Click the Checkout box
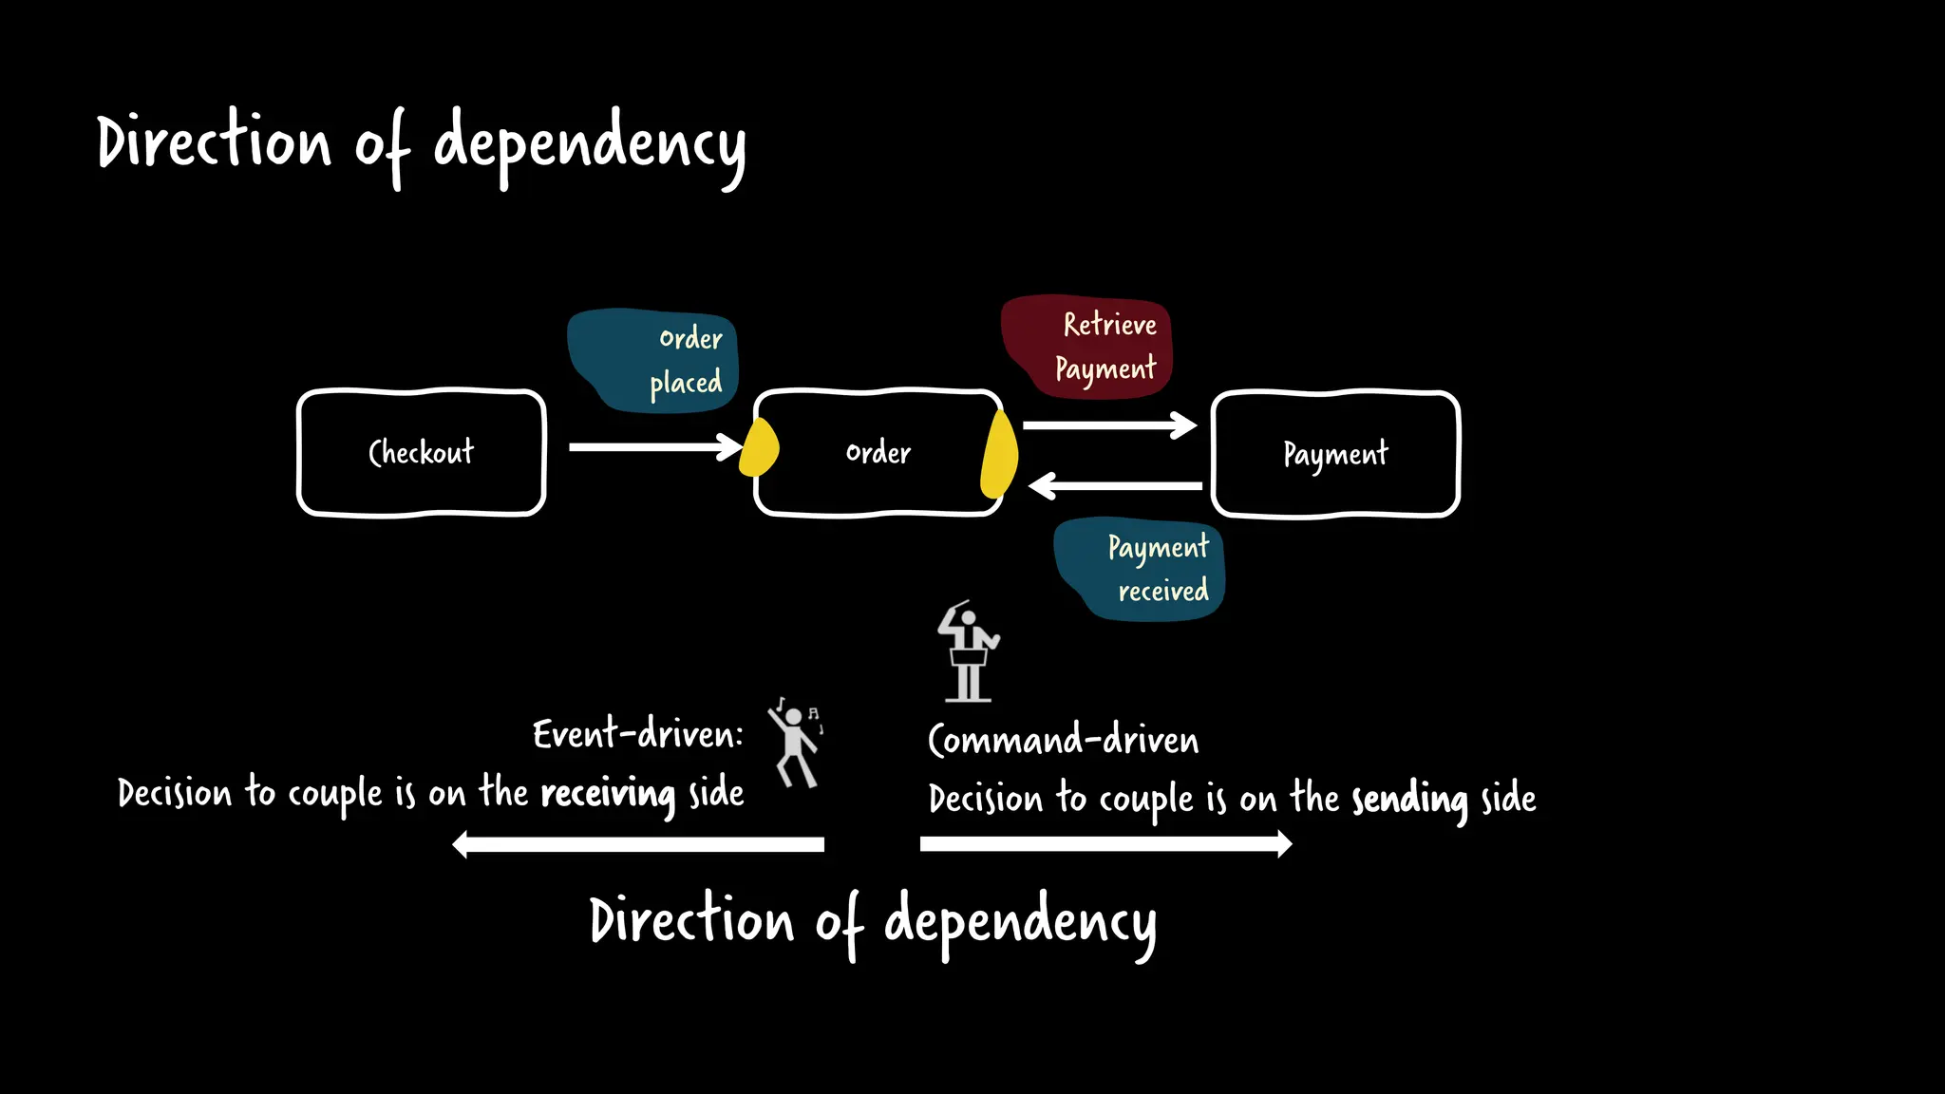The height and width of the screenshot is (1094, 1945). tap(421, 453)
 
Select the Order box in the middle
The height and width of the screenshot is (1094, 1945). tap(878, 453)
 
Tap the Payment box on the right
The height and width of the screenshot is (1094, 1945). tap(1335, 454)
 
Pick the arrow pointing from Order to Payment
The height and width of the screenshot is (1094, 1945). tap(1107, 424)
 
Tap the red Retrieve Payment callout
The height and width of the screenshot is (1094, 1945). tap(1087, 346)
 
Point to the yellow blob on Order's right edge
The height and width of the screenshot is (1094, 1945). tap(999, 454)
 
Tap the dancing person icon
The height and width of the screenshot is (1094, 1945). tap(795, 745)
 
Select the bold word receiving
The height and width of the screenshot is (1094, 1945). tap(608, 793)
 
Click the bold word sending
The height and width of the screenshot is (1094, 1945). tap(1409, 799)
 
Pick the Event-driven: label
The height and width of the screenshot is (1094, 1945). tap(637, 734)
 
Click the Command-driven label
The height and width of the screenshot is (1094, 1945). tap(1063, 740)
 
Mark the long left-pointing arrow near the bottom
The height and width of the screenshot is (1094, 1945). tap(638, 844)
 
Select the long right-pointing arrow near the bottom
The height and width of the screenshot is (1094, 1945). tap(1105, 843)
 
